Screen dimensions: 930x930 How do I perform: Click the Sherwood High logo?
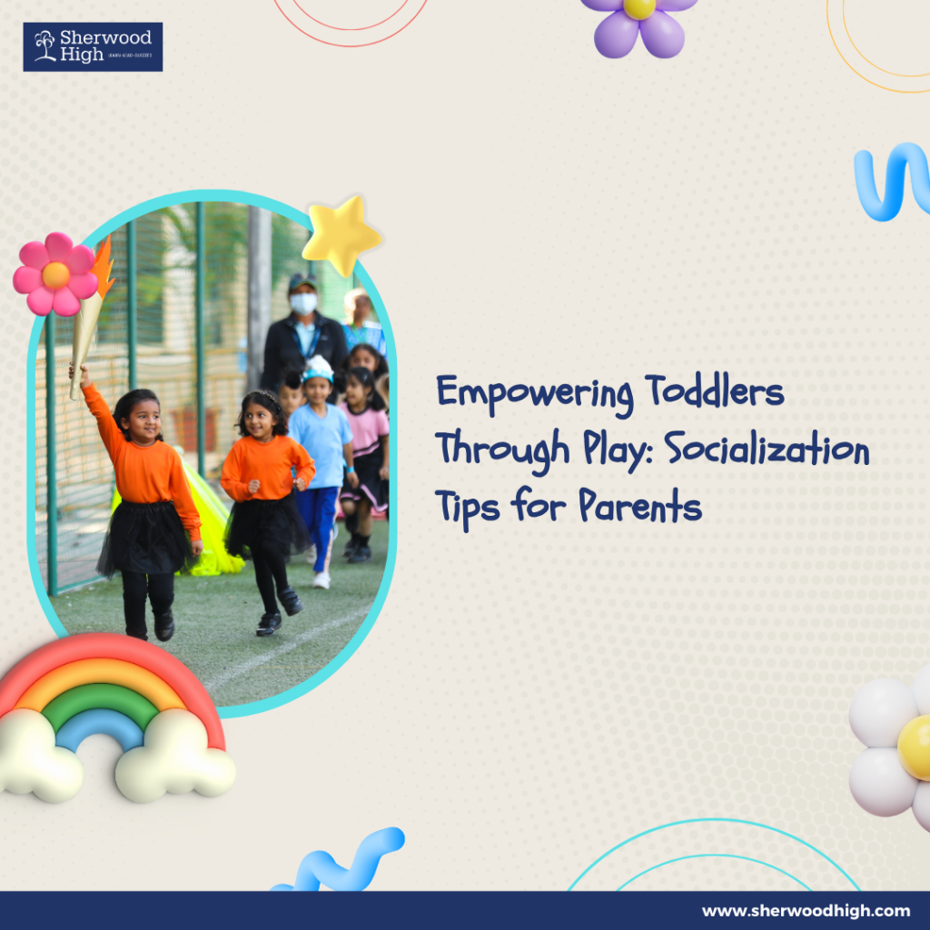coord(93,47)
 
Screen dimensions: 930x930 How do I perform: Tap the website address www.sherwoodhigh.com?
coord(806,910)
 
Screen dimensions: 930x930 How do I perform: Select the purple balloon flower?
coord(639,25)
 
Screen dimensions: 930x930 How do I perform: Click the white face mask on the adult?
coord(303,303)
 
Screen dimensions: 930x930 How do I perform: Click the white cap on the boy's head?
coord(319,368)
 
